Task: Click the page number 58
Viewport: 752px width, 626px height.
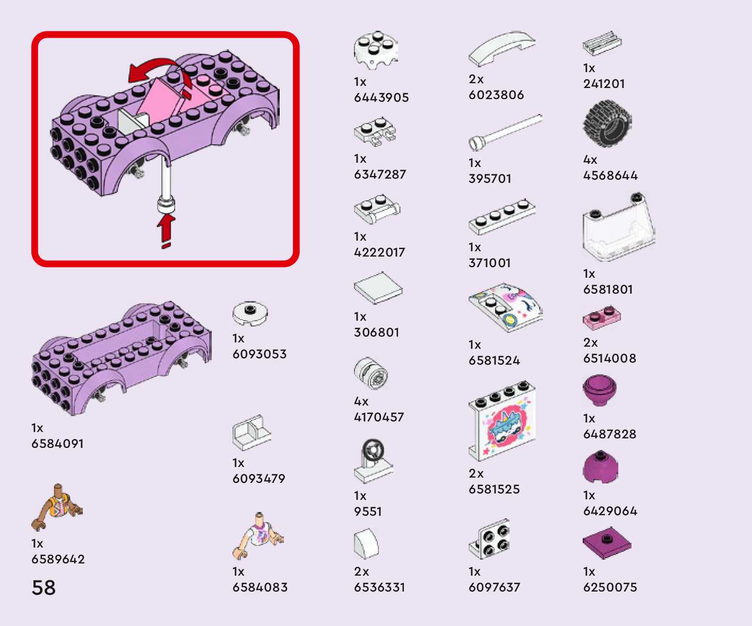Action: pos(44,588)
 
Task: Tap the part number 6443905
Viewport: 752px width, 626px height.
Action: pos(381,98)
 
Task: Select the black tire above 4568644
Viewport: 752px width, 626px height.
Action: pos(607,124)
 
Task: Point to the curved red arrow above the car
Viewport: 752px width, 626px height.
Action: pos(159,72)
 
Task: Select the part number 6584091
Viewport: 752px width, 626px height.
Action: pos(57,444)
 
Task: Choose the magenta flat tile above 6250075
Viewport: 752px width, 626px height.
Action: pos(607,543)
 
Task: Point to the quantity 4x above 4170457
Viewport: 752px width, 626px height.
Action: pos(361,401)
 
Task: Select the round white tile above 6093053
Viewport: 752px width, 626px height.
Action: pos(250,313)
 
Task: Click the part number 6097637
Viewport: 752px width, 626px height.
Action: pos(494,587)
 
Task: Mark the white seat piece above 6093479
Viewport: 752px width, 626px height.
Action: pos(251,433)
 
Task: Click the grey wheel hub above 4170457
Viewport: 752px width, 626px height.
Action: pos(370,374)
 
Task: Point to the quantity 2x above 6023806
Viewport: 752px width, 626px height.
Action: pos(476,80)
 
